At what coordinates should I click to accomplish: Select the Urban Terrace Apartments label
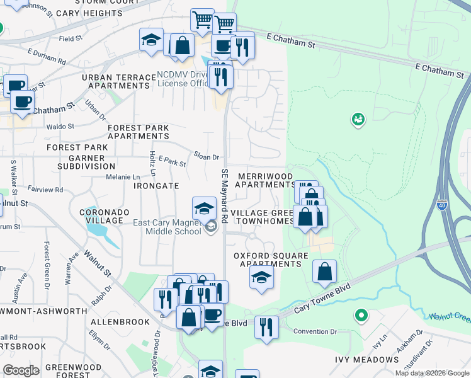[118, 81]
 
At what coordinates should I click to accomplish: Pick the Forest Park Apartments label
[138, 132]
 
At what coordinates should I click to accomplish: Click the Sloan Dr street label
[206, 157]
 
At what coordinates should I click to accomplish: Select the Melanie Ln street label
[122, 177]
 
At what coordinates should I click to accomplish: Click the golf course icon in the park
[358, 118]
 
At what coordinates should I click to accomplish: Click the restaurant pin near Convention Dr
[266, 326]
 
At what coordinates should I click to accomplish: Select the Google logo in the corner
[21, 370]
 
